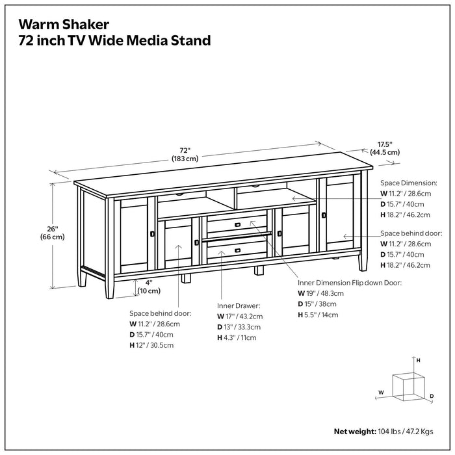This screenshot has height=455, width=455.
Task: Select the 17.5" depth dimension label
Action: [385, 148]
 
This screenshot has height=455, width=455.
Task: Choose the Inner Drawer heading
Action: [239, 305]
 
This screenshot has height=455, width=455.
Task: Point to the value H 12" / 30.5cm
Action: [151, 345]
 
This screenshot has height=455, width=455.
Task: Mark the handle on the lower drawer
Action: [238, 249]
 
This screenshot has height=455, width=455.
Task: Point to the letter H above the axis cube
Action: [419, 359]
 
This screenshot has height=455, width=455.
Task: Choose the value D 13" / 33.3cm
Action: [240, 327]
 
